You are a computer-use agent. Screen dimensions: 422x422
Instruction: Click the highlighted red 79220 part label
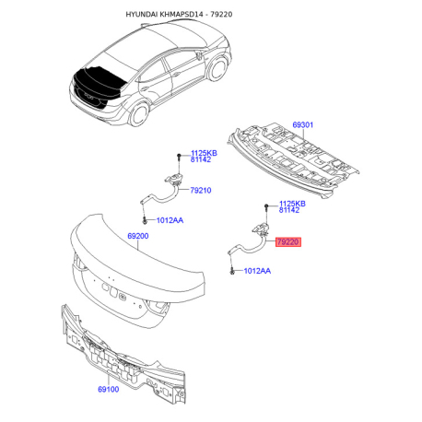(288, 242)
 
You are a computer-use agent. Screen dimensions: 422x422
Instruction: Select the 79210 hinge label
(201, 191)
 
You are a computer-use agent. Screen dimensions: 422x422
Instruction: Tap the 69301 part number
(302, 125)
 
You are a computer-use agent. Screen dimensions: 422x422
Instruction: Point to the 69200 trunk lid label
(138, 236)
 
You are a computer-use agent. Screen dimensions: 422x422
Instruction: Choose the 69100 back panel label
(109, 390)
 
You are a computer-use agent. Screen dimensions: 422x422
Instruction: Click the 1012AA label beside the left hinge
(170, 220)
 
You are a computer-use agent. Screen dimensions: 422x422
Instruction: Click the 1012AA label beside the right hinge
(257, 271)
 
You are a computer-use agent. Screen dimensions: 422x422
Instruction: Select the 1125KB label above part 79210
(204, 153)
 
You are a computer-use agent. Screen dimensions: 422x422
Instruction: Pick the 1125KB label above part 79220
(292, 204)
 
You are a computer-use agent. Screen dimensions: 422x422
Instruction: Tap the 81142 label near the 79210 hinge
(201, 159)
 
